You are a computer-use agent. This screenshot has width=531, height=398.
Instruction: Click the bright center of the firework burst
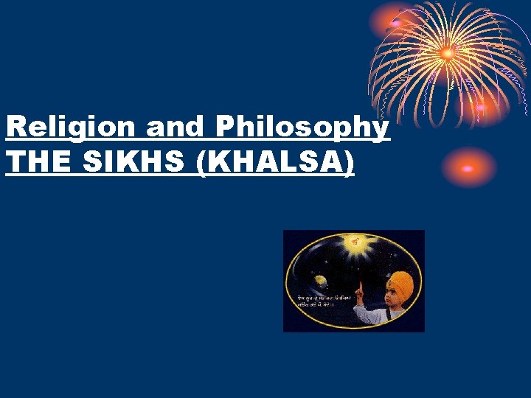click(447, 53)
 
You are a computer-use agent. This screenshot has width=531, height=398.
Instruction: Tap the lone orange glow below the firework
click(467, 168)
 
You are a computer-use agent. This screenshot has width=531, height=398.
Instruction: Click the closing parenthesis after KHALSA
click(350, 164)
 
